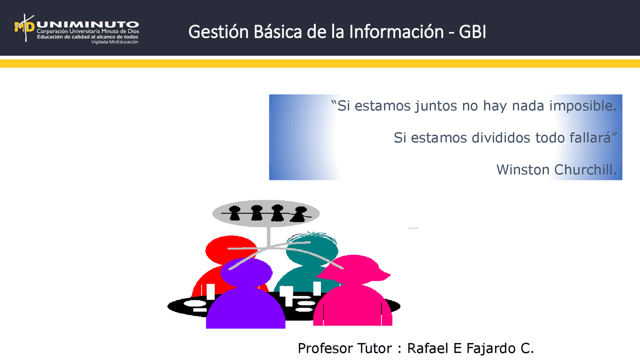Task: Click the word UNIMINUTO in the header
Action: (87, 23)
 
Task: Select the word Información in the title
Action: (396, 32)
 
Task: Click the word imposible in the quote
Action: (582, 106)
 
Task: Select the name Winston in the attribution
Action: (523, 169)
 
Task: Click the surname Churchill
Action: (585, 169)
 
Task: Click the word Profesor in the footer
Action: (325, 348)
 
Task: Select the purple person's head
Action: (246, 272)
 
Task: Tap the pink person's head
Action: (355, 270)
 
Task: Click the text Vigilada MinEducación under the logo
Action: (114, 42)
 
